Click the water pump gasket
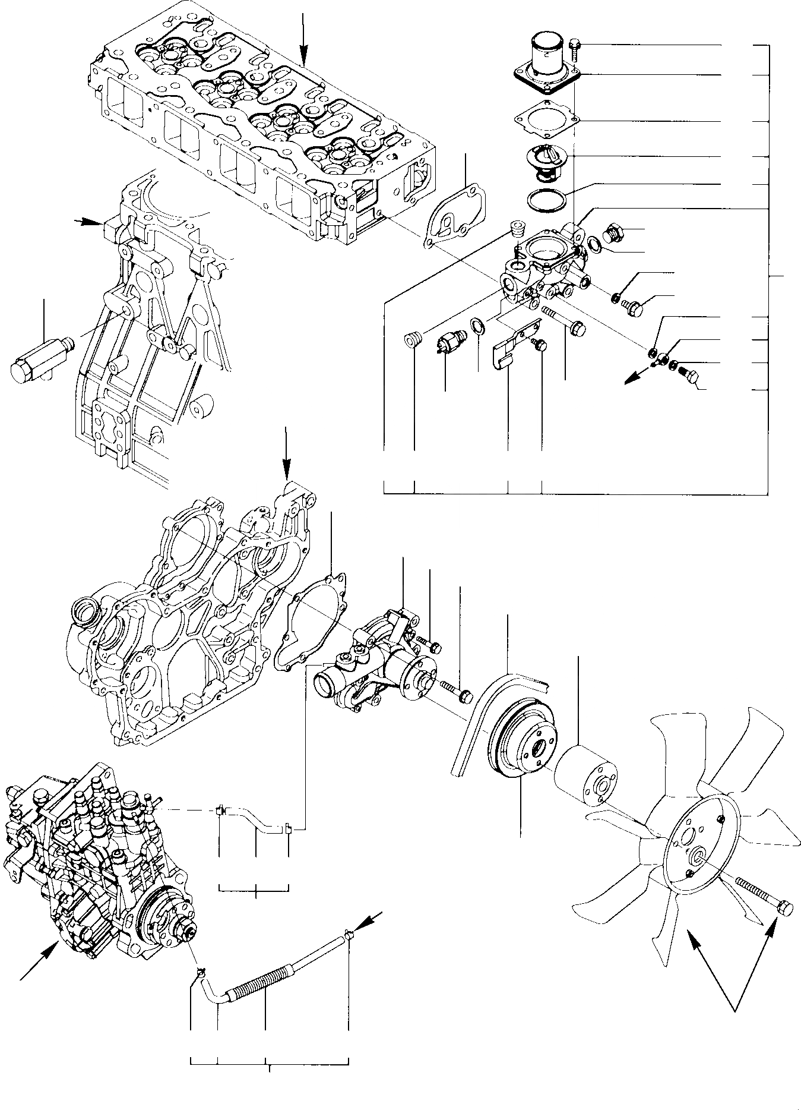(x=309, y=618)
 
